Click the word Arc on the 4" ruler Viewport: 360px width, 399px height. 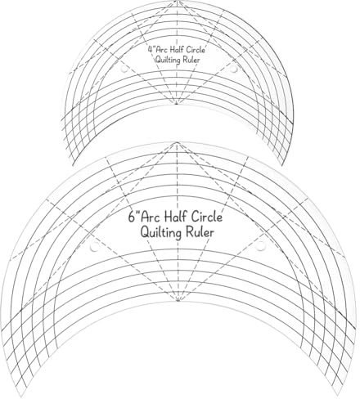(x=162, y=50)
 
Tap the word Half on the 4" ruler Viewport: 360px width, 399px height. (x=178, y=50)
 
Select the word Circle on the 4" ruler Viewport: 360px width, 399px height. (x=196, y=50)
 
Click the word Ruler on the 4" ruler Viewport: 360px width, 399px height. (x=191, y=60)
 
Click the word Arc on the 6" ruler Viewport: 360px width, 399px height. (x=151, y=217)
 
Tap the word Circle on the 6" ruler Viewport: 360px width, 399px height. (x=206, y=217)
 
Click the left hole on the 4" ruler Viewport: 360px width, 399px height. (x=124, y=69)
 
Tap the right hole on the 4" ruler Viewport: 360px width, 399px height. (x=234, y=69)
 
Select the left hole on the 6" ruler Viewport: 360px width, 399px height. (x=95, y=246)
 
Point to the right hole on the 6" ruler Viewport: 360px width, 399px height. (x=260, y=246)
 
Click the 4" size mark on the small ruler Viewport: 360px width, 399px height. (x=151, y=50)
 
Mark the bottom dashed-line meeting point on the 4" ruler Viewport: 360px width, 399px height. (x=177, y=104)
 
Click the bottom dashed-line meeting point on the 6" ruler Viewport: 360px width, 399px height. (x=178, y=300)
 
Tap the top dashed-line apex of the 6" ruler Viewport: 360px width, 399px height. (x=178, y=142)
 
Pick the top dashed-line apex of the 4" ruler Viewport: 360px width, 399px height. (x=178, y=2)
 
